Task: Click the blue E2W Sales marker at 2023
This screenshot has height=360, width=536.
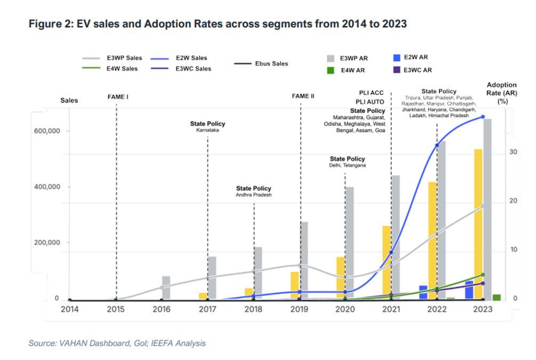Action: (x=483, y=117)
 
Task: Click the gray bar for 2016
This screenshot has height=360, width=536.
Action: (x=166, y=288)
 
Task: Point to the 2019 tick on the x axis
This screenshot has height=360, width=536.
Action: (x=299, y=309)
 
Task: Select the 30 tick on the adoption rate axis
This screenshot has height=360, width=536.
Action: (x=513, y=152)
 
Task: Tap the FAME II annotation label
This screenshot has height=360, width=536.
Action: (x=303, y=96)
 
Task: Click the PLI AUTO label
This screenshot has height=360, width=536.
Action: (x=371, y=102)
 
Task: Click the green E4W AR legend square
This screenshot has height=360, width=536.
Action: (x=330, y=70)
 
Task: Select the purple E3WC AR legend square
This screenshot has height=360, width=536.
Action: (x=396, y=70)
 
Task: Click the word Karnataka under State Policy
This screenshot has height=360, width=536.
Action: (x=207, y=131)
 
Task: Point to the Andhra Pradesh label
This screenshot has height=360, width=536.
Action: (x=253, y=195)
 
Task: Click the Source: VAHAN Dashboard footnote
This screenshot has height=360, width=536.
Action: (x=117, y=343)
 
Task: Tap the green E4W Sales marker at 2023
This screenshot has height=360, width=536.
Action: (x=483, y=275)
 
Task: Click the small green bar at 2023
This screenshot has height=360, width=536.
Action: (x=497, y=297)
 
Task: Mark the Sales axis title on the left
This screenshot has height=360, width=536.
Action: (x=69, y=100)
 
